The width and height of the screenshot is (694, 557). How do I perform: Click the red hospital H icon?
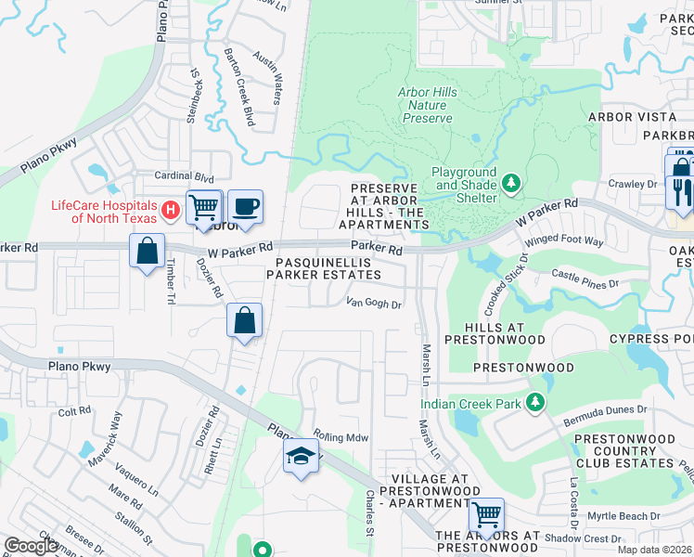[x=170, y=211]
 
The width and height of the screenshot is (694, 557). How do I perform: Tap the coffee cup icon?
[x=245, y=206]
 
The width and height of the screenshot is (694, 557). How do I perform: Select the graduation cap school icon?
[x=302, y=456]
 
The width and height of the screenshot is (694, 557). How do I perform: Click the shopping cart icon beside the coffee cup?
[x=203, y=206]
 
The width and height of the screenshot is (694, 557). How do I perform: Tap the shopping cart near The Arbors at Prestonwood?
[x=486, y=513]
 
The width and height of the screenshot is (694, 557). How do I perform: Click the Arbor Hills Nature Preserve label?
[x=427, y=105]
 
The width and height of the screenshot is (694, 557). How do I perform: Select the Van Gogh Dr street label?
[x=373, y=304]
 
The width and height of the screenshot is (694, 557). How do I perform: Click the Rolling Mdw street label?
[x=341, y=437]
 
